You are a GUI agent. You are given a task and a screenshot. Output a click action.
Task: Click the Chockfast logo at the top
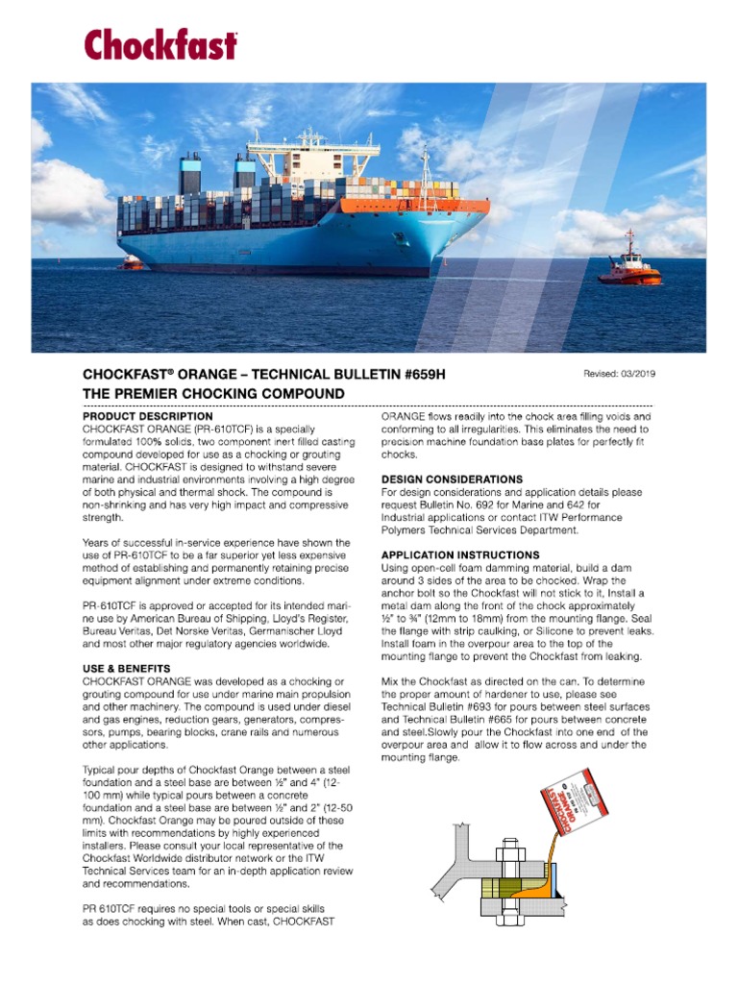160,45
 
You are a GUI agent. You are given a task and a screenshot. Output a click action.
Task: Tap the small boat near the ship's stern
129,261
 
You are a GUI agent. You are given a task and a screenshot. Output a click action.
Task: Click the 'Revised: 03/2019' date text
620,374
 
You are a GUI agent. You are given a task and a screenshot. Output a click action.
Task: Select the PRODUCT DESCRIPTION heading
148,417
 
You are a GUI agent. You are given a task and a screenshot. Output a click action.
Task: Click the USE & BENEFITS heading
127,668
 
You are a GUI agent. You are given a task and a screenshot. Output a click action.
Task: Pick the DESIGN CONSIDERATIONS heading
452,480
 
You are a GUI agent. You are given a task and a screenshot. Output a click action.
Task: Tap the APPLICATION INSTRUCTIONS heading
460,555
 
